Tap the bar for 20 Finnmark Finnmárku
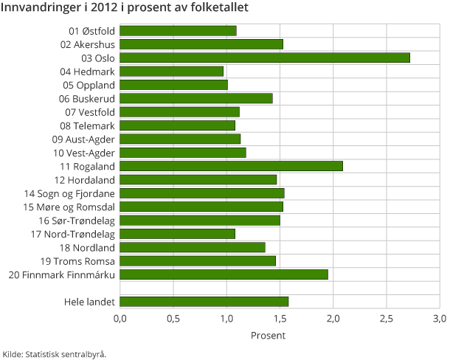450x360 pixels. (224, 274)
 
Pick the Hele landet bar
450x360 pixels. (204, 301)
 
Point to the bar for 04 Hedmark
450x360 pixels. (171, 72)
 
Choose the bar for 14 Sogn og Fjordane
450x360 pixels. (201, 193)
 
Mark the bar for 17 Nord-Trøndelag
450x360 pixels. (177, 234)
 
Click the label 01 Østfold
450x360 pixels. (91, 31)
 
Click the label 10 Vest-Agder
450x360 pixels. (84, 153)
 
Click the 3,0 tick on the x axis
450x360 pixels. (439, 319)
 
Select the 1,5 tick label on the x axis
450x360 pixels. (280, 319)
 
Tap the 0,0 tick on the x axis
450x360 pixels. (120, 319)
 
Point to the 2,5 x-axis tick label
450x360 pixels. (386, 319)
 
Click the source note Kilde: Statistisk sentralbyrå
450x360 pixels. (55, 353)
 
